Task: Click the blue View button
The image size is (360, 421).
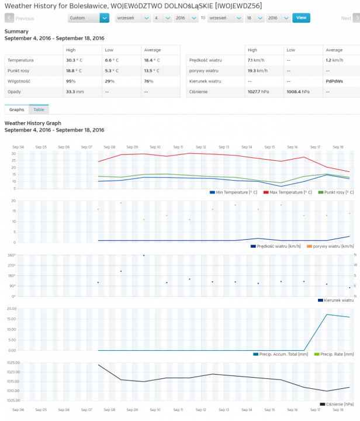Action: [x=301, y=18]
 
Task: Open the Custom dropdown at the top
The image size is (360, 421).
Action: [x=88, y=18]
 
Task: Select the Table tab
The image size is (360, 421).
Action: [x=39, y=109]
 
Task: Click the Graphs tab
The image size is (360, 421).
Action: [x=16, y=109]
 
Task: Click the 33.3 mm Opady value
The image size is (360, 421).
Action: [x=75, y=91]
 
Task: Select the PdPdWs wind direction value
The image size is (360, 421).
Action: [x=335, y=81]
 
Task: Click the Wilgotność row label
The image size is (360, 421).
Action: [x=19, y=81]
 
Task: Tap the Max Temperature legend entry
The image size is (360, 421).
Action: [x=289, y=192]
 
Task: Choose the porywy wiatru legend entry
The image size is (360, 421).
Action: [x=330, y=246]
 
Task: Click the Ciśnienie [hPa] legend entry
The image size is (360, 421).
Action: [x=339, y=403]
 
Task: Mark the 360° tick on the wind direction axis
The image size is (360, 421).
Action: [x=11, y=256]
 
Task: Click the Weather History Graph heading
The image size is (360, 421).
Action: [x=33, y=123]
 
